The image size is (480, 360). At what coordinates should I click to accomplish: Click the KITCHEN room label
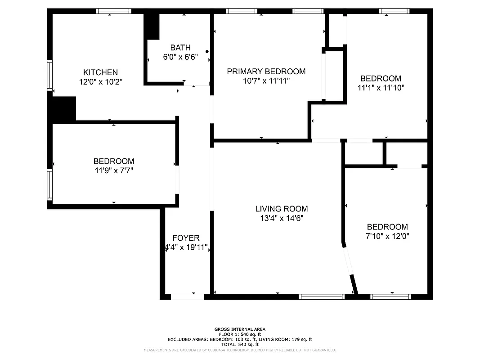[x=100, y=72]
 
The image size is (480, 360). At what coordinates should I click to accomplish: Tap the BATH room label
[x=180, y=48]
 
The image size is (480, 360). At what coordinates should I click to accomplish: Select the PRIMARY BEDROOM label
[x=266, y=72]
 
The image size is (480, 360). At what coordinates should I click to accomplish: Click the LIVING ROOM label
[x=281, y=209]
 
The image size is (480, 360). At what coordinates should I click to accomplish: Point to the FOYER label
[x=186, y=238]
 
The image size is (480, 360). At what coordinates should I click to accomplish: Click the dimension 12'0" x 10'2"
[x=100, y=82]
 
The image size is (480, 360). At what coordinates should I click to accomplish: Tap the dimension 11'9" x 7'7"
[x=113, y=171]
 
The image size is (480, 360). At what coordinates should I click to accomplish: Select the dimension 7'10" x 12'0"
[x=387, y=236]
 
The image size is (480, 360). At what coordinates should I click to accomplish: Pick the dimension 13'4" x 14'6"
[x=281, y=218]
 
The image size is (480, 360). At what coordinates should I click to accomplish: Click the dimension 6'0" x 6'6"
[x=180, y=57]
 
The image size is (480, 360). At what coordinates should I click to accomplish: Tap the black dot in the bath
[x=207, y=52]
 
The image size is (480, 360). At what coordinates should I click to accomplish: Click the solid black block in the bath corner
[x=152, y=27]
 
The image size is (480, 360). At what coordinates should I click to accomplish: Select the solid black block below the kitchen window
[x=63, y=109]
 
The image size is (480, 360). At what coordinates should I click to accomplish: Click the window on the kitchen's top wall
[x=113, y=11]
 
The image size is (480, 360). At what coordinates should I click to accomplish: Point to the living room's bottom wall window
[x=322, y=297]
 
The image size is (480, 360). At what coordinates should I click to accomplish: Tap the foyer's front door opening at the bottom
[x=188, y=297]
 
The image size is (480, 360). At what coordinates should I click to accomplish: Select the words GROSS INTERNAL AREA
[x=239, y=329]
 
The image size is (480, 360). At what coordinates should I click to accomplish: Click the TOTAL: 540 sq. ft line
[x=239, y=344]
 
